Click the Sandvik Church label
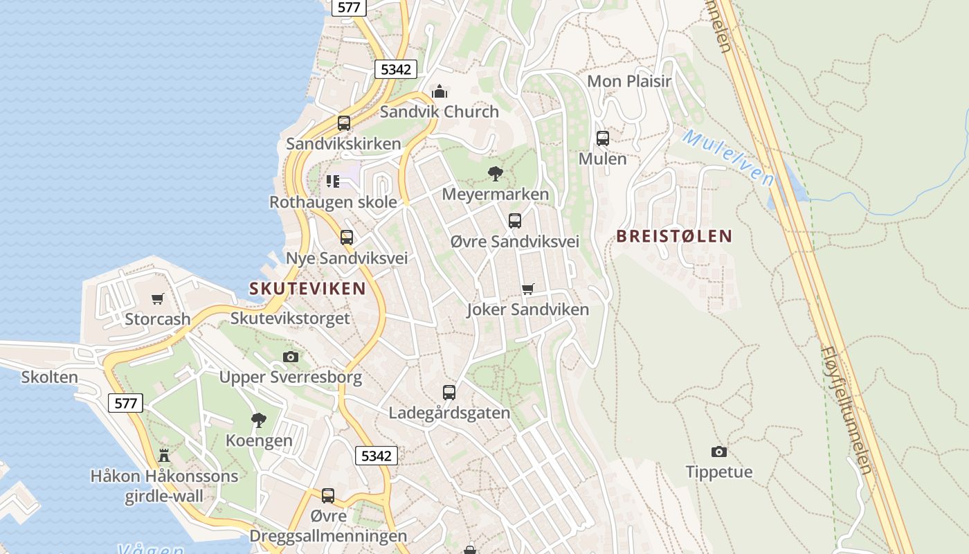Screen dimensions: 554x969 (x=439, y=111)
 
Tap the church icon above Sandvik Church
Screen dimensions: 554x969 (x=440, y=91)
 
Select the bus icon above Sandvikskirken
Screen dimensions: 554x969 (x=344, y=123)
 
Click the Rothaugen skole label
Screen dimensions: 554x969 (x=333, y=202)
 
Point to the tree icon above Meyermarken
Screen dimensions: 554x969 (x=495, y=173)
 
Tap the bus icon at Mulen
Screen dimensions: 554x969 (x=603, y=138)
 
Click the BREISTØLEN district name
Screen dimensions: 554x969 (x=673, y=236)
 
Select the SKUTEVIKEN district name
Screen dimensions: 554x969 (x=307, y=289)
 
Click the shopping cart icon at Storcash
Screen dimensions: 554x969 (x=158, y=299)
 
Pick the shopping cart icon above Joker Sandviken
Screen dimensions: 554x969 (x=528, y=289)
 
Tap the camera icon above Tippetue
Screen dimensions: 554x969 (x=719, y=452)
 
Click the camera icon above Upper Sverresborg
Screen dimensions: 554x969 (x=291, y=357)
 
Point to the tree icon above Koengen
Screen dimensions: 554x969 (x=259, y=420)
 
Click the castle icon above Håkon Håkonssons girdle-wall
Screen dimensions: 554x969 (x=164, y=456)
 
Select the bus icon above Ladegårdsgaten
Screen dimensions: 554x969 (x=449, y=393)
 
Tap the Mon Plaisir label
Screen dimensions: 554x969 (x=628, y=81)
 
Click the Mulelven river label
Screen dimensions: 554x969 (x=728, y=157)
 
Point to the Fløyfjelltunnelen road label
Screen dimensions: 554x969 (x=846, y=409)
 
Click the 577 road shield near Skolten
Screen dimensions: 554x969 (x=125, y=403)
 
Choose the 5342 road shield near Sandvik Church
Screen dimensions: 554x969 (x=397, y=69)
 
